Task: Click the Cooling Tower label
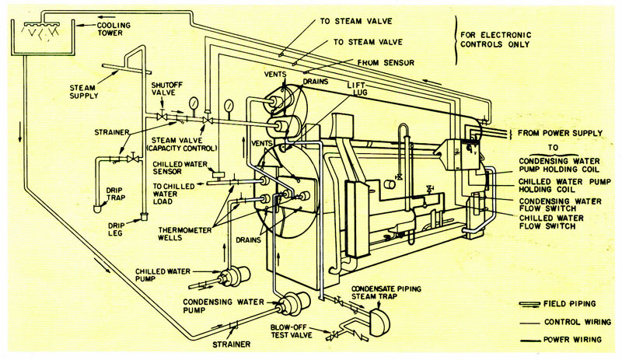(114, 29)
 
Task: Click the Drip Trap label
(115, 194)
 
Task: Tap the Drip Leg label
(115, 229)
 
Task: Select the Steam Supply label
(83, 92)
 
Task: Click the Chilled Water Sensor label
(180, 167)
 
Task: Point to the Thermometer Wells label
(184, 233)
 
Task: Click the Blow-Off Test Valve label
(291, 331)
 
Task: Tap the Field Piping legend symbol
(529, 304)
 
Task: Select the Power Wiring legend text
(572, 339)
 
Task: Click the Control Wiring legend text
(578, 322)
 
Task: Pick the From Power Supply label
(560, 133)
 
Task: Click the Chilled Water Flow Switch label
(551, 222)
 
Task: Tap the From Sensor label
(386, 63)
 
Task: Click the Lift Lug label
(357, 89)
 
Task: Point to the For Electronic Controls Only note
(495, 40)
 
